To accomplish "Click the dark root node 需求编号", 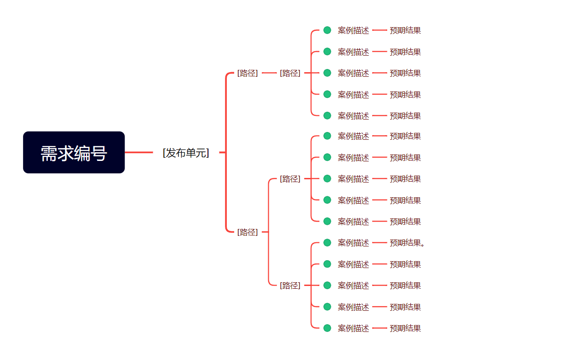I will [x=74, y=152].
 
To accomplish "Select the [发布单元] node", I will [x=186, y=153].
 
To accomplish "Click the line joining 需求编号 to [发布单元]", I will [x=139, y=152].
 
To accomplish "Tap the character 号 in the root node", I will [x=99, y=153].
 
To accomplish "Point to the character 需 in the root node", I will [x=49, y=153].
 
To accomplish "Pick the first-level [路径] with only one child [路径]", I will [x=248, y=73].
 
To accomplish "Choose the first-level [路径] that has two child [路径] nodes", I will [x=248, y=232].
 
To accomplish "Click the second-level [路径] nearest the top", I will [x=290, y=73].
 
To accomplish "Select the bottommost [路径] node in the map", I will [x=290, y=286].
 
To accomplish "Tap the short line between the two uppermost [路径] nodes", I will [x=269, y=73].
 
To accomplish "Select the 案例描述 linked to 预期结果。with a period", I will [x=353, y=243].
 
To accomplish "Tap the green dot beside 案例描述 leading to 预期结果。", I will [x=327, y=243].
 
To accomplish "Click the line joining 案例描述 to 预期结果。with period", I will [x=379, y=243].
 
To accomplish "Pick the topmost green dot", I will [x=327, y=30].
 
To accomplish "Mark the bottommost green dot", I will [x=327, y=328].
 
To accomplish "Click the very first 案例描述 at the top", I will [x=353, y=30].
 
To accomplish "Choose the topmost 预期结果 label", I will [x=405, y=30].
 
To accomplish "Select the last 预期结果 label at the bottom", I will [x=405, y=328].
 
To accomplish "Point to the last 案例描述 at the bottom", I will [x=353, y=328].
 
